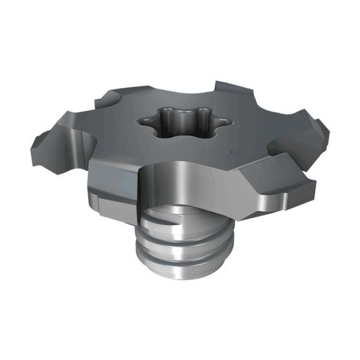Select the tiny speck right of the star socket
pos(232,152)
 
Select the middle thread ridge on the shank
pos(180,245)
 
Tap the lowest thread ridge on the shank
pos(180,262)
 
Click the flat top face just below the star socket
pos(180,150)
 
